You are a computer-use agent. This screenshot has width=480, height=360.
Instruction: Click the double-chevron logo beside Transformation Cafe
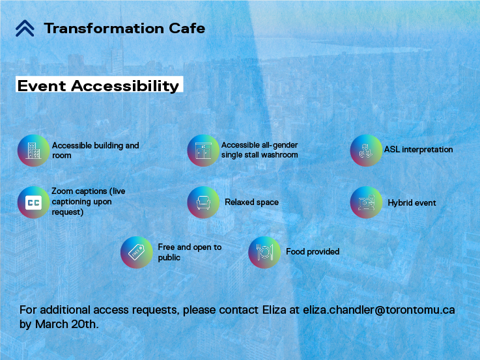coord(25,28)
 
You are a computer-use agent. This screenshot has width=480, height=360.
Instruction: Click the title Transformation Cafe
coord(124,28)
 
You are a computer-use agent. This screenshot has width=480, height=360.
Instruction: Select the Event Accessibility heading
coord(98,86)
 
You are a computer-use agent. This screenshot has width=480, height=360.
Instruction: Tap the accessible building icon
coord(33,151)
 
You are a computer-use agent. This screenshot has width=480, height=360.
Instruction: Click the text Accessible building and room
coord(95,150)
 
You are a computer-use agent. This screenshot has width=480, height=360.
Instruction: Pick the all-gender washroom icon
coord(203,150)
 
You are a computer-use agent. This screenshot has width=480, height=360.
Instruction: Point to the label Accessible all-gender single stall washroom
coord(259,150)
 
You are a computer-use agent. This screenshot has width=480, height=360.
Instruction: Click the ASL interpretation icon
coord(366,150)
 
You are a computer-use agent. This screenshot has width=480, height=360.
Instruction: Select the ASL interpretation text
coord(418,150)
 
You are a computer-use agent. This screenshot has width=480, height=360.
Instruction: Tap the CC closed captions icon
coord(33,202)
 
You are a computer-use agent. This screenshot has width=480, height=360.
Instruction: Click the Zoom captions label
coord(89,202)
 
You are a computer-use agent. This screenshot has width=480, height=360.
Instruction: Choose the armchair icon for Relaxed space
coord(203,202)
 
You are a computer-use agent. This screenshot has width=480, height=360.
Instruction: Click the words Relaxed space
coord(251,202)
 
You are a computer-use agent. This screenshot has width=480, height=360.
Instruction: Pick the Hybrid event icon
coord(366,202)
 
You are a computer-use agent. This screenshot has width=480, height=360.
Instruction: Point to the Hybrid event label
coord(412,203)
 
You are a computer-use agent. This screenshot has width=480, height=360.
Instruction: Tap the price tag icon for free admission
coord(136,252)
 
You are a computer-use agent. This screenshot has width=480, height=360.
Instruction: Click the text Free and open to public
coord(190,252)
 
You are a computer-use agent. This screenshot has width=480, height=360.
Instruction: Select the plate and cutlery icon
coord(264,252)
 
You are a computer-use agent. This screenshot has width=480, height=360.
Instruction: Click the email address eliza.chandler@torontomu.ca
coord(379,310)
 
